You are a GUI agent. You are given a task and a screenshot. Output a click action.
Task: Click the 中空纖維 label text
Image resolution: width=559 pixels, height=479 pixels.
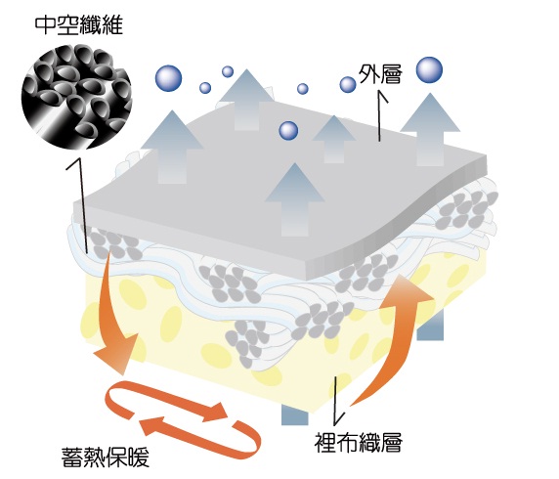click(x=79, y=25)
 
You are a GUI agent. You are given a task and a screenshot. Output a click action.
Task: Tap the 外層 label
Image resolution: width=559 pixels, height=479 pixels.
click(x=380, y=74)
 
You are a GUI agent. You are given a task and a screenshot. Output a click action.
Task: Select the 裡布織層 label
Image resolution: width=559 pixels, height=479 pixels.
click(x=359, y=443)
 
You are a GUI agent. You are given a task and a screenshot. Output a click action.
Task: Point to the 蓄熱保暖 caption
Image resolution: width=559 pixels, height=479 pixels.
click(x=106, y=457)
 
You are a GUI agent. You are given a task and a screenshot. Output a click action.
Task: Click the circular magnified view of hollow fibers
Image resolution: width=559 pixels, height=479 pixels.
click(x=76, y=97)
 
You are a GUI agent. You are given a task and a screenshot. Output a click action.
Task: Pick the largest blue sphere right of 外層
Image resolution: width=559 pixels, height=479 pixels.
click(x=429, y=70)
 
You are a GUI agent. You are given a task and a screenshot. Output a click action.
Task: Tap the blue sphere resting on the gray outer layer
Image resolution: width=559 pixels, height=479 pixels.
click(x=288, y=131)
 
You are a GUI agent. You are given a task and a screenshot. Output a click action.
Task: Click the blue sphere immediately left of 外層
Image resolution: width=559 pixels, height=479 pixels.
click(x=348, y=84)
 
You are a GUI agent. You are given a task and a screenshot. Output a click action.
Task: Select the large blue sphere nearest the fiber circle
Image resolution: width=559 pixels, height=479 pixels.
click(x=168, y=78)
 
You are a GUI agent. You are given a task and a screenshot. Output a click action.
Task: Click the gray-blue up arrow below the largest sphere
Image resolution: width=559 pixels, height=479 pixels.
click(x=430, y=129)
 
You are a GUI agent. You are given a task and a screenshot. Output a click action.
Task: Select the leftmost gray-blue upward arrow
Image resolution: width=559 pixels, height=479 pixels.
click(x=172, y=147)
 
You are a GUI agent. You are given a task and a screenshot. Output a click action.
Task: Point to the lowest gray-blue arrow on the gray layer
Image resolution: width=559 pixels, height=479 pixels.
click(x=295, y=199)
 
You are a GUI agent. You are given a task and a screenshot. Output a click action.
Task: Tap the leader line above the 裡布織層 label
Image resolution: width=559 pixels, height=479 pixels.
click(x=335, y=400)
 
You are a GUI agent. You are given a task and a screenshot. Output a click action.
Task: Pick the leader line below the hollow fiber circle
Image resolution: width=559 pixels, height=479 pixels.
click(x=81, y=205)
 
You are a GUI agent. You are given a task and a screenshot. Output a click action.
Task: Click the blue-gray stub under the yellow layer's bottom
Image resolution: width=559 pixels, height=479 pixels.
click(x=294, y=414)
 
